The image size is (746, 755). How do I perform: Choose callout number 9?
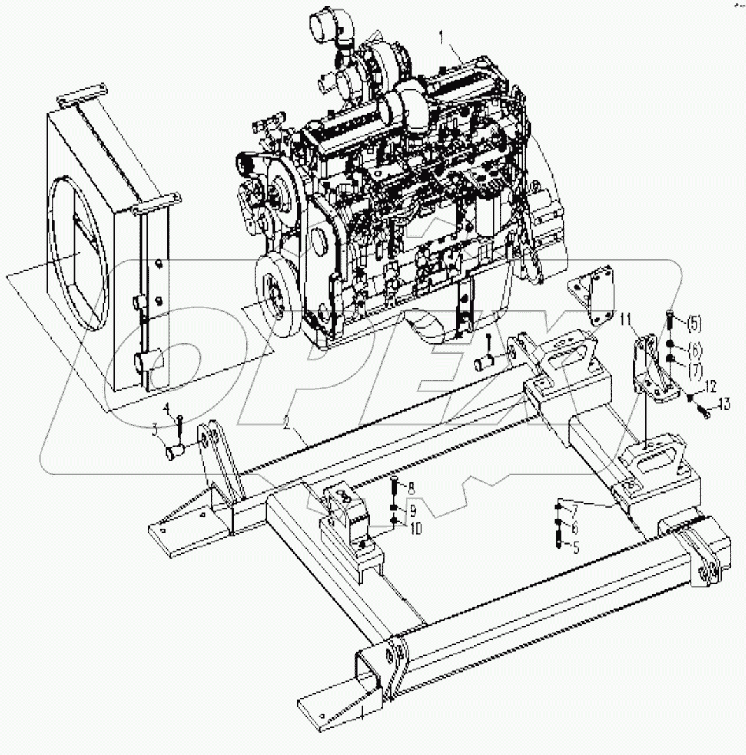click(413, 508)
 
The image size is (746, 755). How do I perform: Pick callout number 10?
click(416, 529)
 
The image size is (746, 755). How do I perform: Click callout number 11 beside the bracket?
click(625, 320)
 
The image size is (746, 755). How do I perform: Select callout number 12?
click(710, 386)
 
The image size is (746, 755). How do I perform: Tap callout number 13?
click(723, 403)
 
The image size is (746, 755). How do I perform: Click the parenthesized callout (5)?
click(693, 324)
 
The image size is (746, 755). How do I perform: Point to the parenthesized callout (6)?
click(693, 348)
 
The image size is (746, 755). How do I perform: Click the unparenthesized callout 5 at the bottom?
click(576, 548)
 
